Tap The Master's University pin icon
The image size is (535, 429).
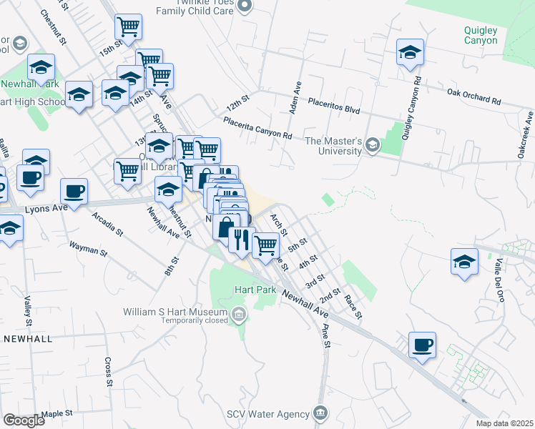[372, 145]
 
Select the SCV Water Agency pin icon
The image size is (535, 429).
[320, 413]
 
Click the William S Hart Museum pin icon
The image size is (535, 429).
[240, 312]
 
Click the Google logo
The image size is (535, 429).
[24, 420]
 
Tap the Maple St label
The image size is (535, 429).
[57, 413]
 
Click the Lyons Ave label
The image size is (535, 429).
[41, 209]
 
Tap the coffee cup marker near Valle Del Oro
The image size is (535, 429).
[422, 346]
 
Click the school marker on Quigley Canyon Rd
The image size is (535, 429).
[411, 52]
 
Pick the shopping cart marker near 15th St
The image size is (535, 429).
[128, 27]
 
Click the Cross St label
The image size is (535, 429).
[108, 371]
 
